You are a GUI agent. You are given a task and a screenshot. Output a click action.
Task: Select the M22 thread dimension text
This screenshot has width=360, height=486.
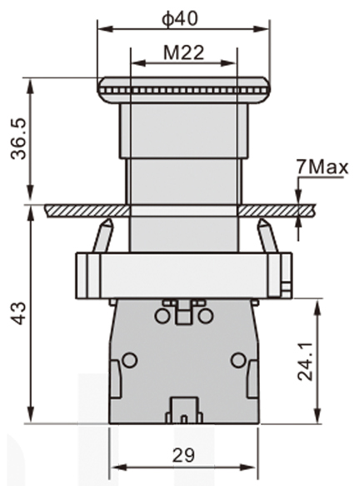(x=183, y=52)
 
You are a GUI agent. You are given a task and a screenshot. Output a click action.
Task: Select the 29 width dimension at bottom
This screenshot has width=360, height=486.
(x=183, y=455)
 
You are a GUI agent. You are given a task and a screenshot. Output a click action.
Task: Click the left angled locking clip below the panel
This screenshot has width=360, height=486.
(x=103, y=236)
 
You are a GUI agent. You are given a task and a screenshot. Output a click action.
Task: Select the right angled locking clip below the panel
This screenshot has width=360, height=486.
(x=266, y=236)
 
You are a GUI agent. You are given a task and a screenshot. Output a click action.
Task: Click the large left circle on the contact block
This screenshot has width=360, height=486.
(x=129, y=359)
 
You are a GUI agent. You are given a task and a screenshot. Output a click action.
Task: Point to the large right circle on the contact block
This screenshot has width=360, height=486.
(x=238, y=359)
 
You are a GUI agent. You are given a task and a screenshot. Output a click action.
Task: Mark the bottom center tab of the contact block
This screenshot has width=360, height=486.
(x=183, y=411)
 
